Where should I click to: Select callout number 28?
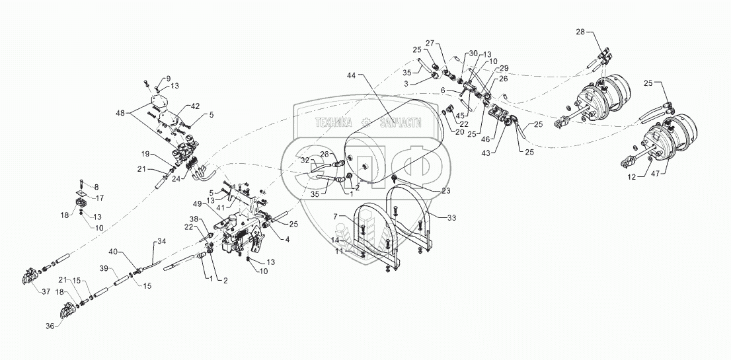580,31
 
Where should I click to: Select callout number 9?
149,78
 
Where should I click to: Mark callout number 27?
430,42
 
